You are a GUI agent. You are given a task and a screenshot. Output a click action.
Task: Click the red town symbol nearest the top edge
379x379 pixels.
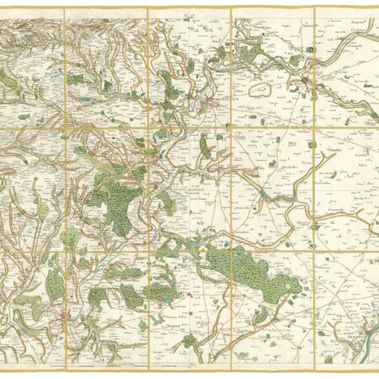211,104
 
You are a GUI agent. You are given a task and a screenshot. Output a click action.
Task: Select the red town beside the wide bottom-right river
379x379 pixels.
364,330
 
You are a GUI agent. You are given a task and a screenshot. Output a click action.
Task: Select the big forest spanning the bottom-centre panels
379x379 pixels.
253,274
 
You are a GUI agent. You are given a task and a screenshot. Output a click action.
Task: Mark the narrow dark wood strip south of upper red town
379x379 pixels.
205,147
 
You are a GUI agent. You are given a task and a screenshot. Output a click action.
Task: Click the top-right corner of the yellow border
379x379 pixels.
376,8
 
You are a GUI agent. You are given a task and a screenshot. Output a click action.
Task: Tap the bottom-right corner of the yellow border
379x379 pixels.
376,371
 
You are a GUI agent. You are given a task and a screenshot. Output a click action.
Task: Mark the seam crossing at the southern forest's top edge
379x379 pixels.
231,251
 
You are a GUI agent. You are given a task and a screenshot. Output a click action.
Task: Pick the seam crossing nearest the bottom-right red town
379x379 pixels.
314,251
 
